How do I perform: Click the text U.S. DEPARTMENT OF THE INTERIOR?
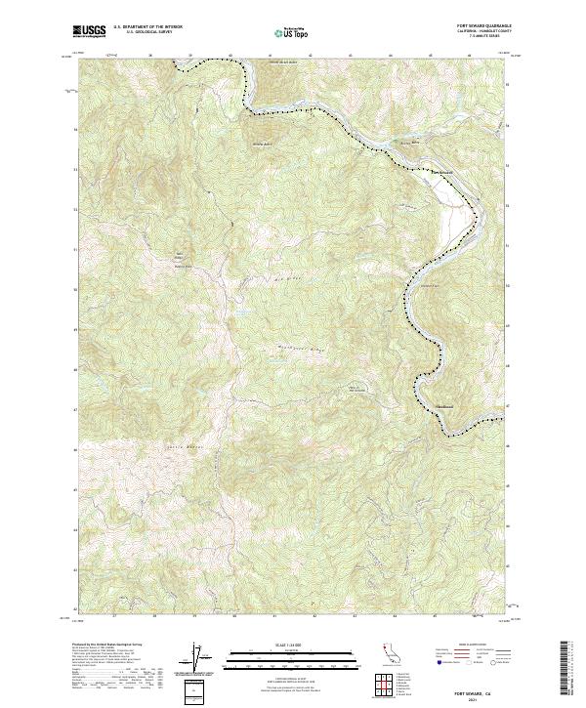click(147, 27)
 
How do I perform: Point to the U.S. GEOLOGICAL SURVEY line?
click(147, 32)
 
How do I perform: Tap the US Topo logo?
click(291, 31)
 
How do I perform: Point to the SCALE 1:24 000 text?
click(291, 645)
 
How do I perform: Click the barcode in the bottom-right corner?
click(567, 670)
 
